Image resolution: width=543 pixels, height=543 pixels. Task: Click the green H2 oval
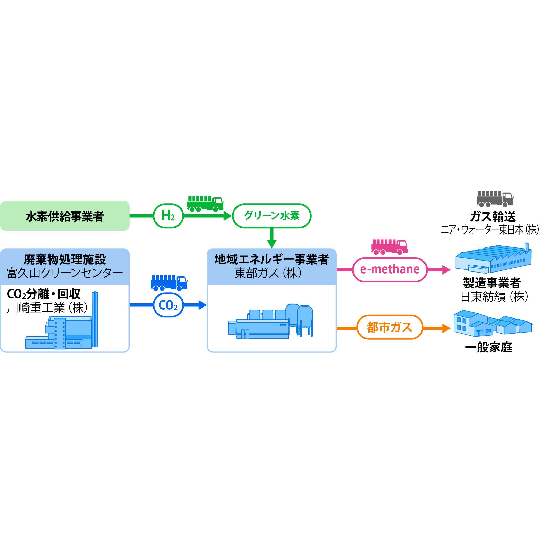point(168,216)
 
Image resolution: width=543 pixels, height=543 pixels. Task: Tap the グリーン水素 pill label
point(272,216)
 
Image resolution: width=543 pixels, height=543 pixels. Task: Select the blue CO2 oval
point(168,305)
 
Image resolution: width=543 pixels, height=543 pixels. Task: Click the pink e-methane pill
point(389,269)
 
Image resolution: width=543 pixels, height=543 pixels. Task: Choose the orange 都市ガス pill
point(389,327)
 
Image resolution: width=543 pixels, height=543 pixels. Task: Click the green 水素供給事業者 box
point(65,216)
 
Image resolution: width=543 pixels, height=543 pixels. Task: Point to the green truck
point(205,204)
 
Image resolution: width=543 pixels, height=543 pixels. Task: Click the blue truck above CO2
point(169,283)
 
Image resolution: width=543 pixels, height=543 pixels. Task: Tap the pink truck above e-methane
point(389,246)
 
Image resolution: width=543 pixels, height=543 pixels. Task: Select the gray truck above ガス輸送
point(495,199)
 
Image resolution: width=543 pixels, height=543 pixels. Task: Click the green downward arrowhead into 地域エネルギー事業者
point(272,244)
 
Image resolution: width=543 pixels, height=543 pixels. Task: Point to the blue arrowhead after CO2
point(202,305)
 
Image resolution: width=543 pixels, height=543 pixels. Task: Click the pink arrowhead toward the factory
point(446,269)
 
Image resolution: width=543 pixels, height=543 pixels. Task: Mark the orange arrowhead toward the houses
point(446,328)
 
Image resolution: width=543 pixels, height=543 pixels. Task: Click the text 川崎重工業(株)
point(47,308)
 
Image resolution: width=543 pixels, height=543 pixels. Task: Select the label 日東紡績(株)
point(494,297)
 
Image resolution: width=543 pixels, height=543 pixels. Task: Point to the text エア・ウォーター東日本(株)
point(490,230)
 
